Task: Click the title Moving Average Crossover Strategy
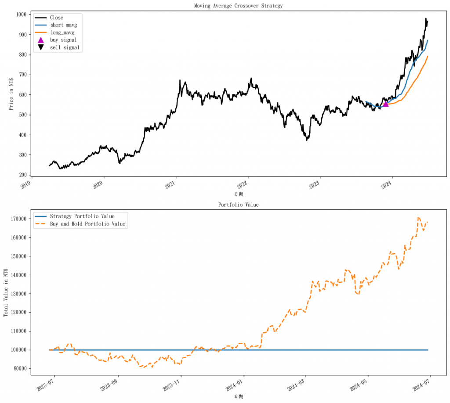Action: coord(239,6)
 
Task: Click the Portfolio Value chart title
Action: coord(239,205)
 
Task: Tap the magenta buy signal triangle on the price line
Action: coord(386,104)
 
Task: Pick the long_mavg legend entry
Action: coord(62,32)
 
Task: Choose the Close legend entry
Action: coord(56,18)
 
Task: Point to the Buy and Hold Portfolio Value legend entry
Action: coord(87,224)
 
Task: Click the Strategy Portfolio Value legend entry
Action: coord(82,216)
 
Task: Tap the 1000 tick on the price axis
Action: coord(21,14)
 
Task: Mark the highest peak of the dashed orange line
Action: coord(418,217)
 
